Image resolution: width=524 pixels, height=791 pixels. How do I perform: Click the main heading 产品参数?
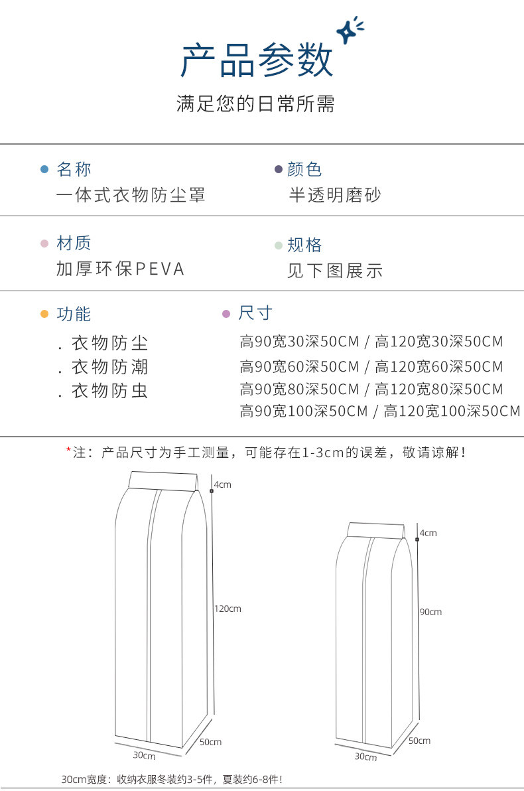pyautogui.click(x=257, y=61)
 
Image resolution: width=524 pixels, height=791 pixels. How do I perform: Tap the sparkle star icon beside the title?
pyautogui.click(x=348, y=32)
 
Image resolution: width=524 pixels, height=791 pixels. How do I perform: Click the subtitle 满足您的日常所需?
pyautogui.click(x=256, y=104)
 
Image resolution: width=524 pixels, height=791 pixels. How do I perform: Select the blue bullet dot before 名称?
pyautogui.click(x=44, y=169)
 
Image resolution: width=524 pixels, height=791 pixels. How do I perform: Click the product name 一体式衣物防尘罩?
pyautogui.click(x=131, y=195)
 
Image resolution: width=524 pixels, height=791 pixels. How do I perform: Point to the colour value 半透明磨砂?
pyautogui.click(x=335, y=195)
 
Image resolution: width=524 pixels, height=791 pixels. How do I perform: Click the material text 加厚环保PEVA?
pyautogui.click(x=120, y=269)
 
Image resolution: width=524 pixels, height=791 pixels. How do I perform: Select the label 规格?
pyautogui.click(x=304, y=245)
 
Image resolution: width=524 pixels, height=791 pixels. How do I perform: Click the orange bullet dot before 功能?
pyautogui.click(x=44, y=314)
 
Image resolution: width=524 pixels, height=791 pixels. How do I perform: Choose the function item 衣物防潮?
pyautogui.click(x=109, y=367)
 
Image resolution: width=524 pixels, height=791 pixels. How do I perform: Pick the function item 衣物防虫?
pyautogui.click(x=109, y=391)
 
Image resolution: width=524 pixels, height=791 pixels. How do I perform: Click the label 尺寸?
pyautogui.click(x=255, y=313)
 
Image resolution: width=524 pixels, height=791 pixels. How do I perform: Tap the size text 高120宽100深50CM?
pyautogui.click(x=452, y=411)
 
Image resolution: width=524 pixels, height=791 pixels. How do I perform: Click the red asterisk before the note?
pyautogui.click(x=68, y=453)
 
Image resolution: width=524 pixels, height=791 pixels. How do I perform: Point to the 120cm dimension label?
pyautogui.click(x=228, y=609)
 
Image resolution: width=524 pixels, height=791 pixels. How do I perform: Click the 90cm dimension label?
pyautogui.click(x=430, y=612)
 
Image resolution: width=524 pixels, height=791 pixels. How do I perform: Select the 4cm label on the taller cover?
pyautogui.click(x=222, y=485)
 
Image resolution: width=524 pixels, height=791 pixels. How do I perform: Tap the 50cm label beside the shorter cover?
pyautogui.click(x=419, y=741)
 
